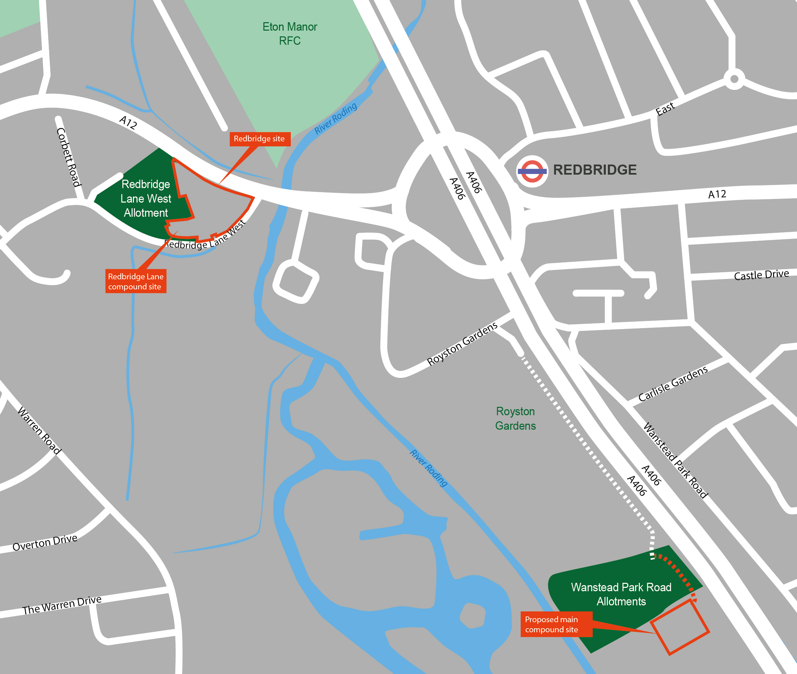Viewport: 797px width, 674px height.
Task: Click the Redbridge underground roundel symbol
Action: point(532,171)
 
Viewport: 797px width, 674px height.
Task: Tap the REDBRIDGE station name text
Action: point(594,170)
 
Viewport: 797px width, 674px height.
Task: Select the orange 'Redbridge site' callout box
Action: point(259,139)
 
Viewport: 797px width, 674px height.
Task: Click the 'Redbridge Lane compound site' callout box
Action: point(136,281)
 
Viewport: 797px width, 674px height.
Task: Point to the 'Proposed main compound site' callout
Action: point(556,624)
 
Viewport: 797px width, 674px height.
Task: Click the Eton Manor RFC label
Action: point(289,34)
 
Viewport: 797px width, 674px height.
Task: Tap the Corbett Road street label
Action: point(69,157)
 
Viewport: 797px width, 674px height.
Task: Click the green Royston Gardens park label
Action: point(515,418)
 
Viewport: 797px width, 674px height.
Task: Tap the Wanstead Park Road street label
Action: point(675,460)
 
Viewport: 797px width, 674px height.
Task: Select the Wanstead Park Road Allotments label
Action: point(621,594)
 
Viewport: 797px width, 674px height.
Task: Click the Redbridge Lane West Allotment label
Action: point(146,198)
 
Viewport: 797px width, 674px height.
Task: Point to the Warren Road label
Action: point(39,431)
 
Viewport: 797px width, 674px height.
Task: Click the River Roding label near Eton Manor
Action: point(336,118)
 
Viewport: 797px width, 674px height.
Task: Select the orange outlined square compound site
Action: point(680,627)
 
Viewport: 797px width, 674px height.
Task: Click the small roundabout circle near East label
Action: point(734,79)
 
